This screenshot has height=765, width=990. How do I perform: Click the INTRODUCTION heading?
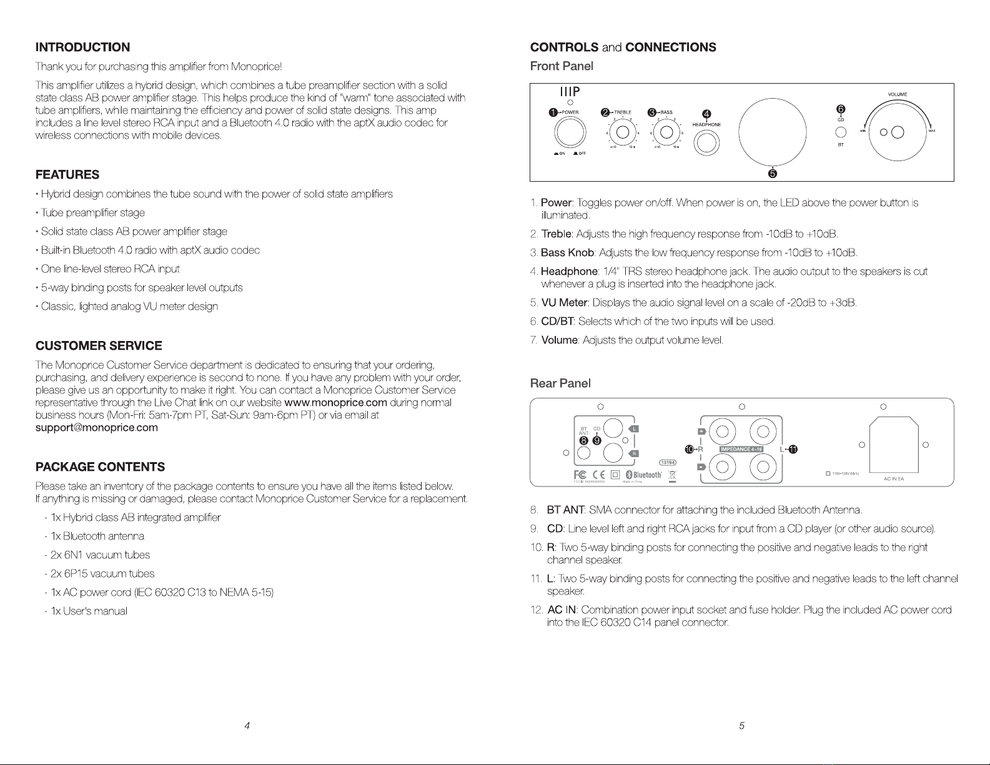(x=83, y=47)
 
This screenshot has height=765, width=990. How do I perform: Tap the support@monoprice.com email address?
(x=97, y=428)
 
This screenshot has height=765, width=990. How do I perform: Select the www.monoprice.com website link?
(x=335, y=403)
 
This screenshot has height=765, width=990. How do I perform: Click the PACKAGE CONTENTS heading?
(x=101, y=467)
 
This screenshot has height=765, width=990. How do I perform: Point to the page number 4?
(x=247, y=726)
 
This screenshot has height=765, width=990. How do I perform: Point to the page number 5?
(x=741, y=726)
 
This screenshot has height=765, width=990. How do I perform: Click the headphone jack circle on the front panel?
(x=706, y=143)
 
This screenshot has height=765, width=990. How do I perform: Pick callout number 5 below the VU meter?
(x=773, y=174)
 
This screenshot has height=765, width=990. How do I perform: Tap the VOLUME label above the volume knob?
(x=897, y=95)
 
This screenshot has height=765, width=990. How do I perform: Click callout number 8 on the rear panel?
(x=585, y=440)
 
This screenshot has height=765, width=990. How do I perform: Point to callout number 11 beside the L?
(x=793, y=449)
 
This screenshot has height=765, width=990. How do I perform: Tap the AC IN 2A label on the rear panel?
(x=894, y=479)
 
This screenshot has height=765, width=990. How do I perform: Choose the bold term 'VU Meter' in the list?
(x=565, y=303)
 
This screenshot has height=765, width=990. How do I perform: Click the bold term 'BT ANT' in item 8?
(x=565, y=511)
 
